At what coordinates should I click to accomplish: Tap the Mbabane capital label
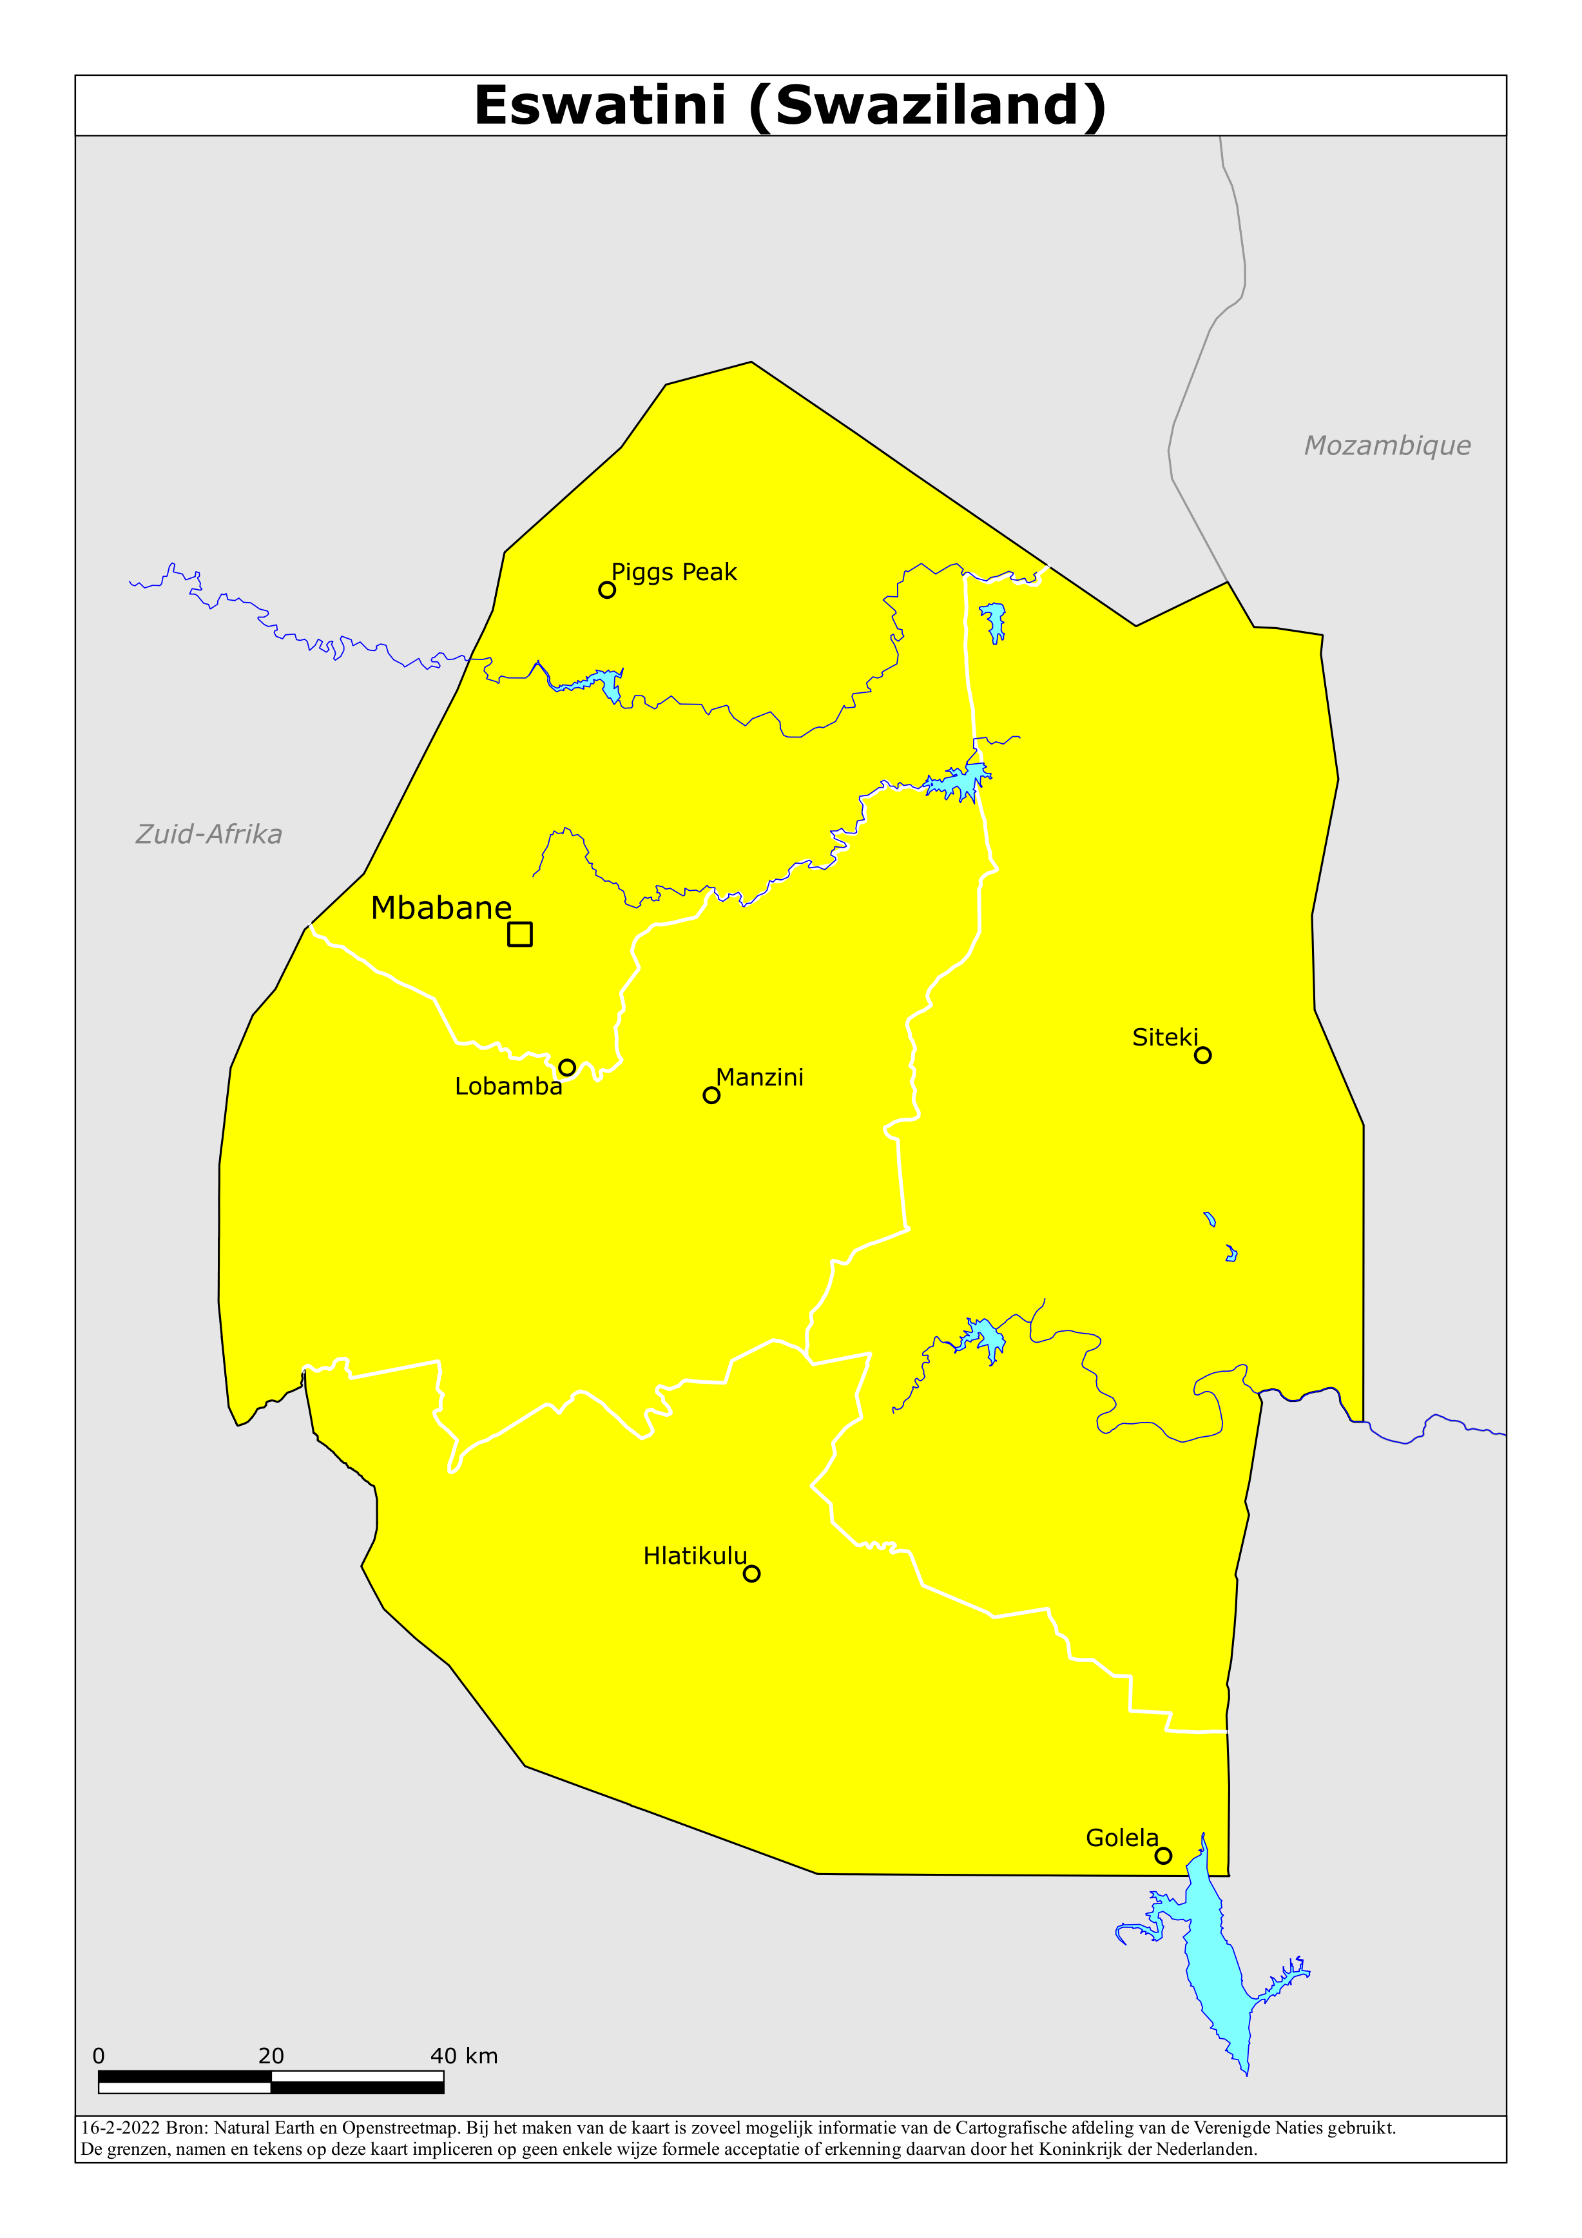click(441, 908)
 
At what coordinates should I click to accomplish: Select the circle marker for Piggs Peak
click(606, 590)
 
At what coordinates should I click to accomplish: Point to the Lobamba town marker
click(566, 1067)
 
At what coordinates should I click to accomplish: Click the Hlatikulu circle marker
click(751, 1573)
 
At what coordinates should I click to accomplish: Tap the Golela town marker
click(1163, 1856)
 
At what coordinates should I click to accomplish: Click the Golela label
click(1122, 1838)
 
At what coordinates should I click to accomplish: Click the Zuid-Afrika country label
click(209, 834)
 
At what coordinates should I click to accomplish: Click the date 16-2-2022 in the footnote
click(120, 2128)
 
